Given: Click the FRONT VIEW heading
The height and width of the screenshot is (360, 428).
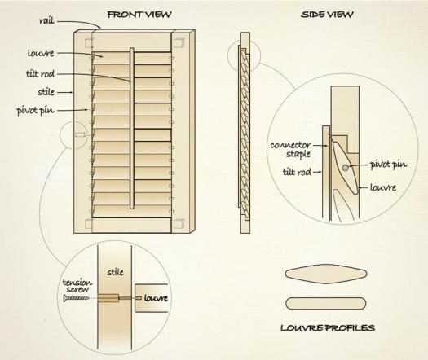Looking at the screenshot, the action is click(139, 15).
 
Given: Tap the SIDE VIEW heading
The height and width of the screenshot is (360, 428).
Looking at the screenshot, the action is click(327, 15).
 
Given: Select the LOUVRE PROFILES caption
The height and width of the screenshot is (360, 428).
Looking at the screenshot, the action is click(328, 327).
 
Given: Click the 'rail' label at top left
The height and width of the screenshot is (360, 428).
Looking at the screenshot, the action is click(47, 20).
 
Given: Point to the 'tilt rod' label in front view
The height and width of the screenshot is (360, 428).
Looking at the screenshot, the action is click(41, 74).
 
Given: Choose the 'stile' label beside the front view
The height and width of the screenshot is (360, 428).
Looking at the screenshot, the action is click(46, 92).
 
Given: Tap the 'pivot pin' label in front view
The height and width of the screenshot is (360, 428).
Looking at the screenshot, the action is click(36, 111).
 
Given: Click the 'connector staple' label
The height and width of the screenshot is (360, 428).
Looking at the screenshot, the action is click(291, 149).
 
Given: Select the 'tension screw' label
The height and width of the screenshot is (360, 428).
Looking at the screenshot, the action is click(77, 286).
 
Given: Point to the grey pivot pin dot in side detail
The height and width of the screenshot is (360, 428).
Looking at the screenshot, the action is click(346, 168).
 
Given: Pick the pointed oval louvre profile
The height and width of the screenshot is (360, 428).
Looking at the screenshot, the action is click(325, 274).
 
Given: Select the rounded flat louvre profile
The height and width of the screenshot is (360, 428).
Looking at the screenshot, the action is click(325, 303).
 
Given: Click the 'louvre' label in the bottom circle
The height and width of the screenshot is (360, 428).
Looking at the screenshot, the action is click(156, 298).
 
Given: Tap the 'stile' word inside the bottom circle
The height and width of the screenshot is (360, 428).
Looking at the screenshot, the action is click(115, 272).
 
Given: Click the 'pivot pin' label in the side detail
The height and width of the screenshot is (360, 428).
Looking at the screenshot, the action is click(388, 165).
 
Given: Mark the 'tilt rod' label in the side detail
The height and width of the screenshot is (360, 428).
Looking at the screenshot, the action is click(297, 172).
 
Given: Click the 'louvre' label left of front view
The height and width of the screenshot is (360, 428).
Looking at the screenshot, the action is click(41, 53).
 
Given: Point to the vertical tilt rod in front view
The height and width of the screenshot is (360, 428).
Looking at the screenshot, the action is click(132, 129).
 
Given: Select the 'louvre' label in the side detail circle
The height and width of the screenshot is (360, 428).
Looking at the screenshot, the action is click(383, 187).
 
